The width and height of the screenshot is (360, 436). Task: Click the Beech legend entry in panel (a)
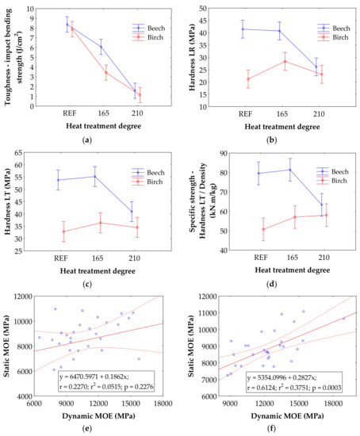[148, 28]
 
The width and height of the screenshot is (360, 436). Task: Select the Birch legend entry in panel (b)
[334, 37]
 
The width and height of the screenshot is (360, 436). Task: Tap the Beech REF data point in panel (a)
[67, 25]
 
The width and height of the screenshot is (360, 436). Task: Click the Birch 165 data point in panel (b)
[285, 62]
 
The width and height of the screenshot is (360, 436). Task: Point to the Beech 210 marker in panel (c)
[132, 212]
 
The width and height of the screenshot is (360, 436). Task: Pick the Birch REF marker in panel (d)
[263, 229]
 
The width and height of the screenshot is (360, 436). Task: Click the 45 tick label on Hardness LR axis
[203, 21]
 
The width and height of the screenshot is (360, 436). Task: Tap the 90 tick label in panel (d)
[224, 153]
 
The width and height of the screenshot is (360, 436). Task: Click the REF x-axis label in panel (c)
[60, 258]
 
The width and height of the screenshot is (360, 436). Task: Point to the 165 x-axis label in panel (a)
[103, 113]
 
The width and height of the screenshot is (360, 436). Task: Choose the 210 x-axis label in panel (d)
[324, 258]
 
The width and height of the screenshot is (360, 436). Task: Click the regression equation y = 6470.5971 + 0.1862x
[94, 377]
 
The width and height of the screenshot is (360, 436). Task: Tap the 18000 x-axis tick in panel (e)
[163, 403]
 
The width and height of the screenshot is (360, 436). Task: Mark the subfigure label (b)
[271, 140]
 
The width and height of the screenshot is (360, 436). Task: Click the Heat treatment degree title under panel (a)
[104, 126]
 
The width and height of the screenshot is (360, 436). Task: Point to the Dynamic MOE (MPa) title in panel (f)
[287, 416]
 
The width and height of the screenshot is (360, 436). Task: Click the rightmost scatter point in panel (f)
[343, 319]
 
